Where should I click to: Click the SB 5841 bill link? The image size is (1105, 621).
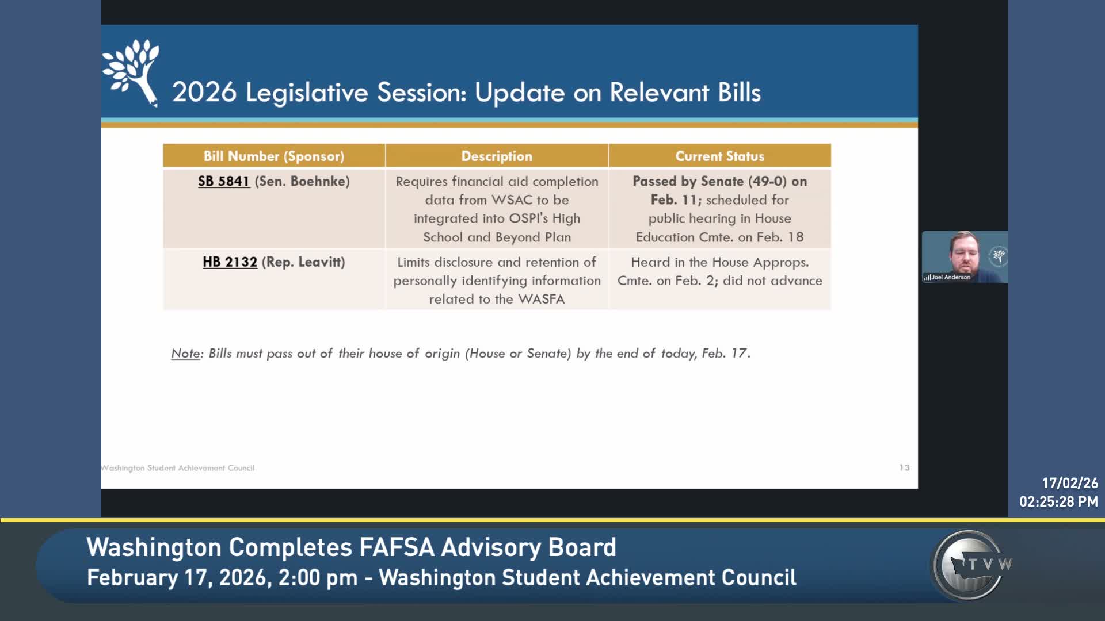[x=224, y=181]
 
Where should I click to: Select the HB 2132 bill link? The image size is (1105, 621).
[x=230, y=262]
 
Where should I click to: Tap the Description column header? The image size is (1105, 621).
[x=497, y=156]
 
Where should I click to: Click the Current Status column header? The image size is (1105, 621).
[x=719, y=156]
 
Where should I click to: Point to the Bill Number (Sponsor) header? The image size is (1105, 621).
[x=274, y=156]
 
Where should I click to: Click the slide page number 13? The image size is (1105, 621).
[x=904, y=467]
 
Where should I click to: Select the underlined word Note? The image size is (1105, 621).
[x=185, y=353]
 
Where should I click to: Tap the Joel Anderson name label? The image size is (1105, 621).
[x=951, y=277]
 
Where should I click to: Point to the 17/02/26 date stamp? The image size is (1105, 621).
[x=1070, y=483]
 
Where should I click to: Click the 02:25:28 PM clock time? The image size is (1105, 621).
[x=1058, y=501]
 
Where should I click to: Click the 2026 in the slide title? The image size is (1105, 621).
[x=204, y=92]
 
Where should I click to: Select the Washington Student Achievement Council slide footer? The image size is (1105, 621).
[x=178, y=468]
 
